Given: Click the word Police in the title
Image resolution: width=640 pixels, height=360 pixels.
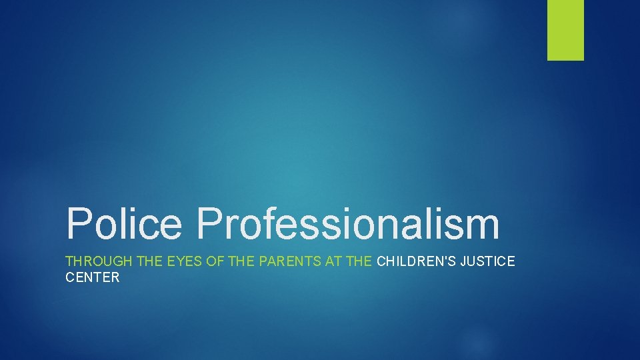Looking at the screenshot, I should click(x=123, y=223).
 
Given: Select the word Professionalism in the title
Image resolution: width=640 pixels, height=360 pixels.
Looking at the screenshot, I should click(x=347, y=225).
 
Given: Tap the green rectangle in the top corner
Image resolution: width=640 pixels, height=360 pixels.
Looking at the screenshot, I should click(x=565, y=30).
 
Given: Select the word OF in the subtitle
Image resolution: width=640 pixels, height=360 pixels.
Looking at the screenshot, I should click(x=215, y=261).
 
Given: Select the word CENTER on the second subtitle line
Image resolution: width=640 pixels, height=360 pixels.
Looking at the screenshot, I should click(x=92, y=277).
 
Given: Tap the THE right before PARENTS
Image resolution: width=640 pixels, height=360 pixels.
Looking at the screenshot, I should click(x=241, y=261).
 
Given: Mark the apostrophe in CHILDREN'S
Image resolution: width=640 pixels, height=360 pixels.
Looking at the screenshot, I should click(x=453, y=257).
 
